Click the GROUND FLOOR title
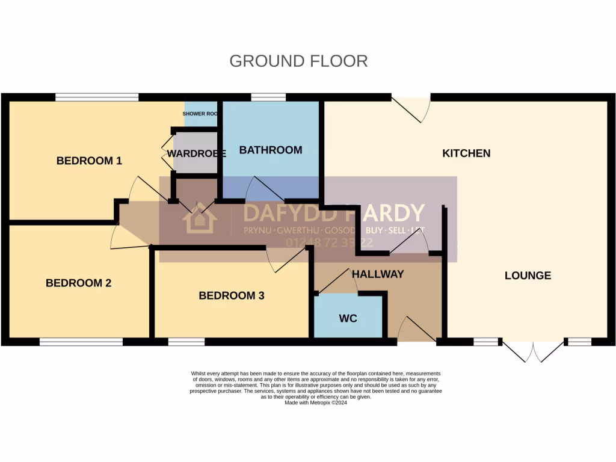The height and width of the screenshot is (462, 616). point(298,61)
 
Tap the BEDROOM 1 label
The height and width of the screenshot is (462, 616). point(89,161)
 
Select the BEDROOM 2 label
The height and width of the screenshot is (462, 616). point(78,283)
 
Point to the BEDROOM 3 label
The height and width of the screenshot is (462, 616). point(232,295)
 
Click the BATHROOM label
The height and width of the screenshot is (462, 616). point(271,150)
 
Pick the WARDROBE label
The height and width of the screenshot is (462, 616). point(196,153)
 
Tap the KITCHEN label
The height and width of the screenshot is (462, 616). point(466,153)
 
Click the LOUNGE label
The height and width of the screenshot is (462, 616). point(528,276)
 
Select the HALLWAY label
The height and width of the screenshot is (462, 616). point(378,274)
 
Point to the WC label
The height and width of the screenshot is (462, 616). point(348,318)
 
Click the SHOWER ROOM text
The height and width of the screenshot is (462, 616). point(200,114)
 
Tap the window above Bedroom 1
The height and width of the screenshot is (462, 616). point(97,97)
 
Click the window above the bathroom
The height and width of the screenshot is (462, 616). point(268,97)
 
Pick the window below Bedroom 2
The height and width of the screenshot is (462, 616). point(81,342)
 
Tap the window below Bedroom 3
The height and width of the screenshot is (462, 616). point(186,342)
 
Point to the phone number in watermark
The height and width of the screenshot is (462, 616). point(330,243)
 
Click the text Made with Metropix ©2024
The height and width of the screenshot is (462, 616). point(316,402)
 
